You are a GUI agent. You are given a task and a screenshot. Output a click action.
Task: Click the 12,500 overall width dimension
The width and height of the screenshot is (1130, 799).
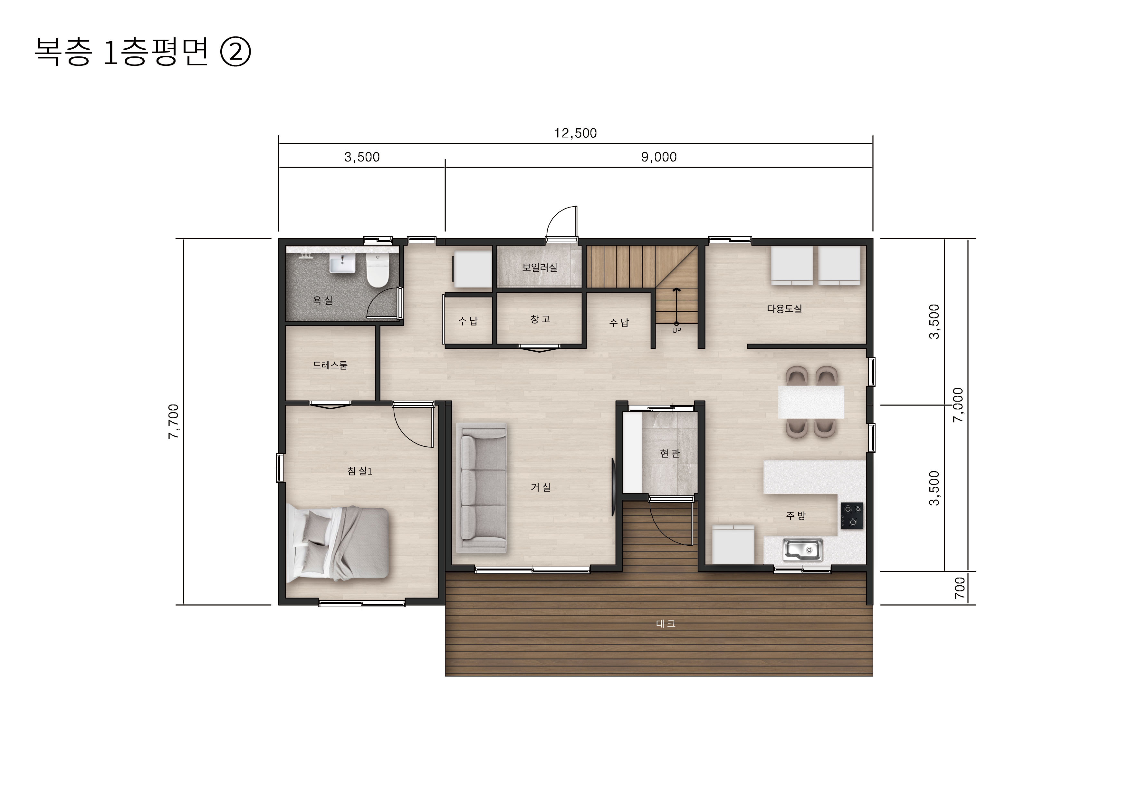coord(575,133)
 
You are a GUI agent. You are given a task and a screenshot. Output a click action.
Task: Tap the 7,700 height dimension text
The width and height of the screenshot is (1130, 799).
coord(173,421)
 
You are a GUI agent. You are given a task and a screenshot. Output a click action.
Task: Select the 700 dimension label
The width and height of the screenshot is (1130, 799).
coord(960,588)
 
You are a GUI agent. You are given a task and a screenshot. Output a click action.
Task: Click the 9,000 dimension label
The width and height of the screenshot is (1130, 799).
coord(658,157)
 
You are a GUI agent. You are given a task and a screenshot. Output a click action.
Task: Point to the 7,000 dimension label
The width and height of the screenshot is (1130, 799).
coord(958,405)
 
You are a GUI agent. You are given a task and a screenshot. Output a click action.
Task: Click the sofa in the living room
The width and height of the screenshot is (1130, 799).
coord(481,487)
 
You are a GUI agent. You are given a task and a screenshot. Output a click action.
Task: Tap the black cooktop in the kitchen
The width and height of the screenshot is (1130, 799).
coord(851,515)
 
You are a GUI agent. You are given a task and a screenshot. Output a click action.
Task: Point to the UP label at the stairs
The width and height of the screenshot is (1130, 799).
coord(677,330)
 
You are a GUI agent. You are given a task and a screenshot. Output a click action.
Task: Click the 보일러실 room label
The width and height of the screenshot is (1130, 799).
coord(540,267)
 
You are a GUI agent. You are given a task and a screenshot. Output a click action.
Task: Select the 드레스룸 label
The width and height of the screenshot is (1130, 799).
coord(330,365)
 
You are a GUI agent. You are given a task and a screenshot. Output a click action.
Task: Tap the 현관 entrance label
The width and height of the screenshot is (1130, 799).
coord(670,453)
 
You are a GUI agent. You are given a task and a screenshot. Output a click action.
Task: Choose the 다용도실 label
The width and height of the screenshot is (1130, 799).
coord(784,309)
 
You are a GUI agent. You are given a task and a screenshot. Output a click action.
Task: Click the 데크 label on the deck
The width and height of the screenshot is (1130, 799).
coord(666,624)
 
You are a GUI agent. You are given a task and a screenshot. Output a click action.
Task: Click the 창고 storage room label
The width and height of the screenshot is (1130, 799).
coord(540,319)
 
